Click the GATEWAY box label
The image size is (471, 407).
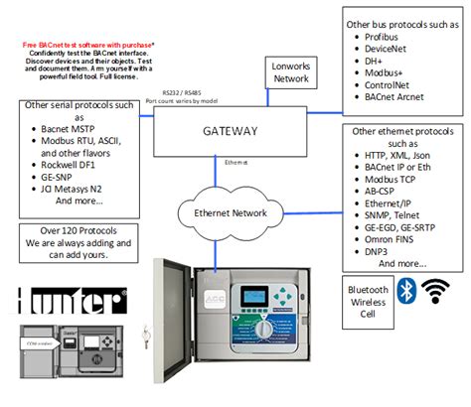click(x=230, y=131)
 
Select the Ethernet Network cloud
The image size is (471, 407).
click(x=230, y=212)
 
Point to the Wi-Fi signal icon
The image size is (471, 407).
click(x=435, y=290)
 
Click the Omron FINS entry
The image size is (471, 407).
click(x=386, y=239)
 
